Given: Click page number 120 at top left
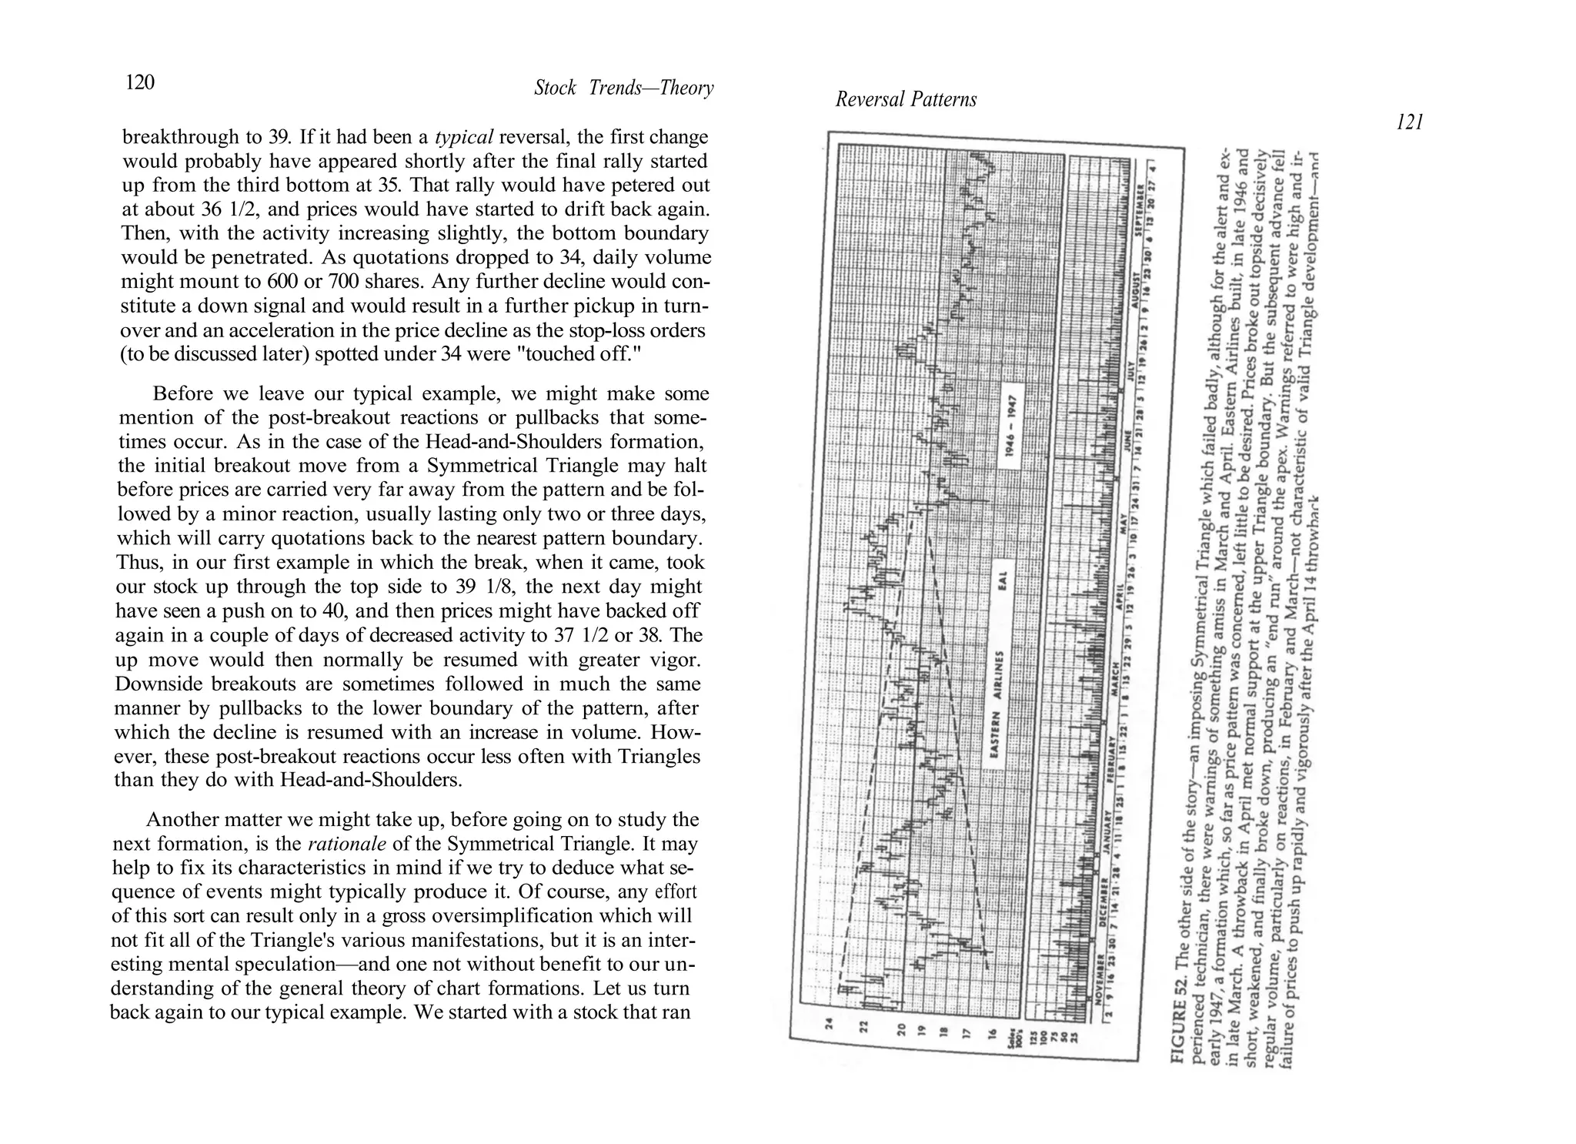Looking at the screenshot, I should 140,82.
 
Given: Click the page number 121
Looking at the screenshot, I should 1409,122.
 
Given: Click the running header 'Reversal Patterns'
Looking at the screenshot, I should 906,99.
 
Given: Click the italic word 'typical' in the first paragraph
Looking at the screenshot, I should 464,138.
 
